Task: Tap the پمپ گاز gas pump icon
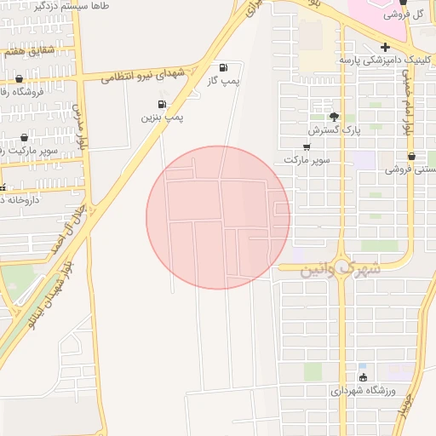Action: click(223, 67)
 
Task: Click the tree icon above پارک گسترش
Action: click(334, 117)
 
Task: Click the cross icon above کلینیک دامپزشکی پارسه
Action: click(386, 46)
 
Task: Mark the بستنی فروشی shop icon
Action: click(412, 157)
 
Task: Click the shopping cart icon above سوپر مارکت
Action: click(307, 146)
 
